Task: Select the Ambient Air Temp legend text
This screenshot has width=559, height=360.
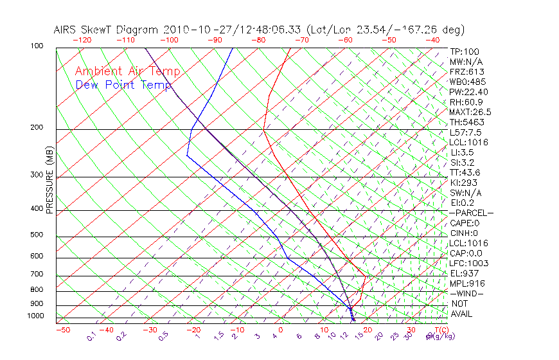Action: [127, 71]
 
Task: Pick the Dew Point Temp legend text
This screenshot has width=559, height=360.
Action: [123, 85]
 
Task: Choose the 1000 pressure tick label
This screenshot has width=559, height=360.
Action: [35, 316]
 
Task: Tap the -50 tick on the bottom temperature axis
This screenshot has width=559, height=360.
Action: [62, 330]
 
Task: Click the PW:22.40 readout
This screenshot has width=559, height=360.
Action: [466, 92]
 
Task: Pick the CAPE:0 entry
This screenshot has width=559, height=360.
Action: [466, 223]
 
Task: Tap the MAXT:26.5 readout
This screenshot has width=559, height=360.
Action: [470, 112]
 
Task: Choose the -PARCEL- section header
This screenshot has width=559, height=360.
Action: [471, 213]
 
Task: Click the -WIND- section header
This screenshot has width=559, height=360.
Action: [467, 293]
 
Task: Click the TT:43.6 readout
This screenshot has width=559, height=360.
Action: [465, 172]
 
